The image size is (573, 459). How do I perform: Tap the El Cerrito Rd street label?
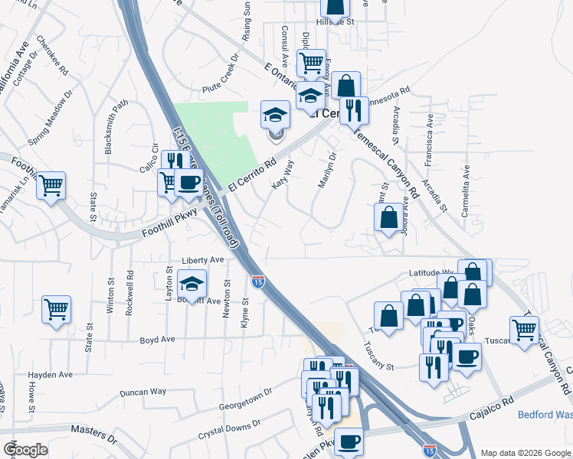click(x=250, y=174)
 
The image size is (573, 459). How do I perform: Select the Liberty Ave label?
click(x=203, y=260)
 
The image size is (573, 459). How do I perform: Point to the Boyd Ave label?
click(x=157, y=339)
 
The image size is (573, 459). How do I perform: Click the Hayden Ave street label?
click(x=50, y=375)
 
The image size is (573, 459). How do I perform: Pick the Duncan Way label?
click(x=143, y=392)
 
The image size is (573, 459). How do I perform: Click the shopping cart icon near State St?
click(x=51, y=185)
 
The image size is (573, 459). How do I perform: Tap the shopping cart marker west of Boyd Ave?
click(x=57, y=309)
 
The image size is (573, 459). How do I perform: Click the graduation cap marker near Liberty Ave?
click(x=192, y=284)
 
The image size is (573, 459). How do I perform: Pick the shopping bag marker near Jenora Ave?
click(x=388, y=216)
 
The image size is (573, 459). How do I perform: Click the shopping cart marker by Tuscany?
click(x=524, y=330)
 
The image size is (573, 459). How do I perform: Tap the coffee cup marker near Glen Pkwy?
click(x=349, y=441)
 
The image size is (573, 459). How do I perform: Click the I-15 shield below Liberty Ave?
click(x=258, y=282)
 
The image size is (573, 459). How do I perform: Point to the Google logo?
click(x=26, y=450)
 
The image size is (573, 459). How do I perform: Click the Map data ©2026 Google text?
click(x=526, y=452)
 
